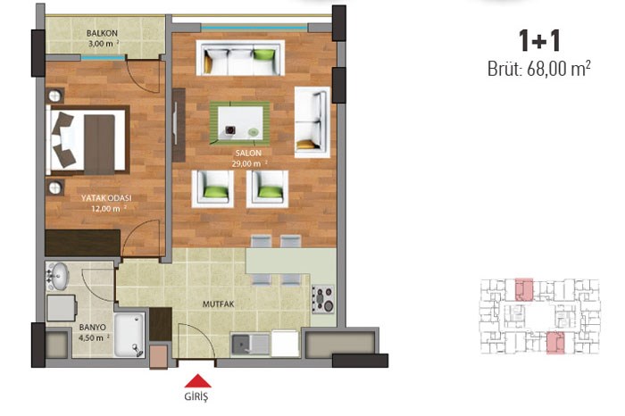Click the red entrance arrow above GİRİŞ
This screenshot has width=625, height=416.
pyautogui.click(x=197, y=380)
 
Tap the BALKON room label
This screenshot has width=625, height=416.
pyautogui.click(x=102, y=33)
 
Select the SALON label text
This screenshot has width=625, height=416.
pyautogui.click(x=248, y=153)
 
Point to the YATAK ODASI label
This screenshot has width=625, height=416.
pyautogui.click(x=106, y=198)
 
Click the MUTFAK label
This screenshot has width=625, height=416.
pyautogui.click(x=219, y=304)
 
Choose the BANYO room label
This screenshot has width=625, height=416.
pyautogui.click(x=93, y=328)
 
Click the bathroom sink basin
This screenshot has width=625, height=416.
pyautogui.click(x=58, y=276)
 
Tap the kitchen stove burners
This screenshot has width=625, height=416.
pyautogui.click(x=323, y=299)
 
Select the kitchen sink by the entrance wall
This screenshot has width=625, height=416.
pyautogui.click(x=251, y=345)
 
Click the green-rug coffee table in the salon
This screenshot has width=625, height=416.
pyautogui.click(x=239, y=123)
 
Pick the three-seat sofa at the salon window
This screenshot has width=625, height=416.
pyautogui.click(x=240, y=58)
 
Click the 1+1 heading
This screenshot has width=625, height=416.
pyautogui.click(x=539, y=41)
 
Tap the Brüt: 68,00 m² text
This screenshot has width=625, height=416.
pyautogui.click(x=539, y=69)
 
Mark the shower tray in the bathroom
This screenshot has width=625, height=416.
pyautogui.click(x=129, y=335)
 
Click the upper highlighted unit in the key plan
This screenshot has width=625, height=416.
pyautogui.click(x=524, y=289)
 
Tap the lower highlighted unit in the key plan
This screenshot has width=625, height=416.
pyautogui.click(x=555, y=343)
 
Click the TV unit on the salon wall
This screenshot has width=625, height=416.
pyautogui.click(x=179, y=125)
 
